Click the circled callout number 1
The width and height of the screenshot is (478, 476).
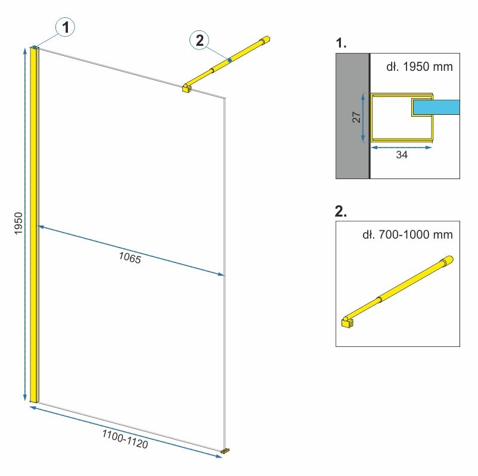pyautogui.click(x=65, y=27)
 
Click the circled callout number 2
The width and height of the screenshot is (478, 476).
pyautogui.click(x=200, y=40)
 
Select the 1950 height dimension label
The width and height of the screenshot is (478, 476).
pyautogui.click(x=18, y=223)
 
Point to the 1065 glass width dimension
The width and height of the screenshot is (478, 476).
pyautogui.click(x=130, y=258)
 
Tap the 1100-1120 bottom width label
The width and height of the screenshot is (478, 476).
pyautogui.click(x=125, y=439)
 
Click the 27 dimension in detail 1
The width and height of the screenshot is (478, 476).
pyautogui.click(x=356, y=117)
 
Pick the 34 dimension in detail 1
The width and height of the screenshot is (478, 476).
pyautogui.click(x=402, y=155)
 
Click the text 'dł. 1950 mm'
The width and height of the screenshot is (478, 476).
pyautogui.click(x=420, y=67)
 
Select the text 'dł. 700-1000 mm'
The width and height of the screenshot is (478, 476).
pyautogui.click(x=408, y=234)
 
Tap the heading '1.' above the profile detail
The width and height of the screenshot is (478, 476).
pyautogui.click(x=341, y=43)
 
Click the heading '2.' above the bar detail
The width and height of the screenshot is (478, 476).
pyautogui.click(x=340, y=211)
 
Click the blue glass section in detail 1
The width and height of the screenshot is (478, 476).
pyautogui.click(x=436, y=107)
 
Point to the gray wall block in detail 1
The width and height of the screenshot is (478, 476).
pyautogui.click(x=352, y=116)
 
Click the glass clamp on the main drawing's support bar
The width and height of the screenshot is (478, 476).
pyautogui.click(x=187, y=88)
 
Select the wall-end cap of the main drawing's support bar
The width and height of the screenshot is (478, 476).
pyautogui.click(x=265, y=40)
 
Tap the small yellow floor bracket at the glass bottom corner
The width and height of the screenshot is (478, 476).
pyautogui.click(x=225, y=451)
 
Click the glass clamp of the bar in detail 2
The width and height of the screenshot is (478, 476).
pyautogui.click(x=347, y=322)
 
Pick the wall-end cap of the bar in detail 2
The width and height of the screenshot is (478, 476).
pyautogui.click(x=448, y=261)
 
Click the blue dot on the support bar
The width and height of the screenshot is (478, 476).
pyautogui.click(x=229, y=60)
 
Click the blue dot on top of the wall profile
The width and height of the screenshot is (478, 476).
pyautogui.click(x=35, y=47)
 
